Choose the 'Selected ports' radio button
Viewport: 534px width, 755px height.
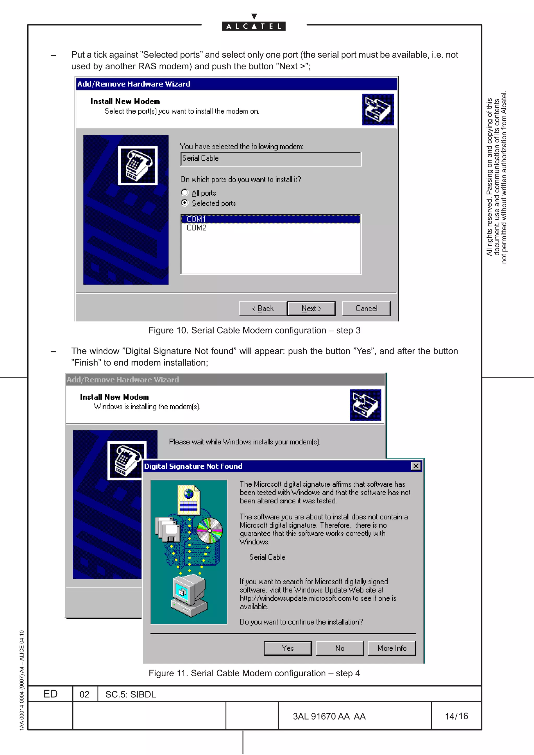pos(185,203)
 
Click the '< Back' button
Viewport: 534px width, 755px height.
pos(263,308)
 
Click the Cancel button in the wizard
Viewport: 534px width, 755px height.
pos(366,308)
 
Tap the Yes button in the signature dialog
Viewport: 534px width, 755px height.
pos(288,648)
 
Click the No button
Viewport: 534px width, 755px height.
pos(339,648)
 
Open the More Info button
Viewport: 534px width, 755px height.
pos(392,648)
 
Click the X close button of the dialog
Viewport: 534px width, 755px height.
pos(416,466)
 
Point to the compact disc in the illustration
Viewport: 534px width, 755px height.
pos(210,530)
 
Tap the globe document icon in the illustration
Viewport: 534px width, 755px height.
pos(189,499)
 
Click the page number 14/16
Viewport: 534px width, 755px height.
pos(456,716)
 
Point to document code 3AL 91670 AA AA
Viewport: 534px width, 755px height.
pos(329,716)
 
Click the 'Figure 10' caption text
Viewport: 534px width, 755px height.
pos(254,330)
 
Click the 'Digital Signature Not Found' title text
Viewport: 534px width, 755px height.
pos(193,466)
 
